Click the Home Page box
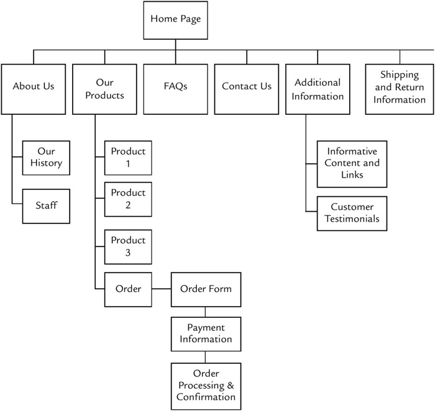(175, 19)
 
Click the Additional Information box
(318, 89)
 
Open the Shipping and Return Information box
(400, 88)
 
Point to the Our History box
(46, 158)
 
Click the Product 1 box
(128, 157)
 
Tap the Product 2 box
(128, 199)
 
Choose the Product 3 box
(128, 246)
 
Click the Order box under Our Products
(128, 289)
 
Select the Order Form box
(206, 289)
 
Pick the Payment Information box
(206, 333)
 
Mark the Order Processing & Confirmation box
(206, 385)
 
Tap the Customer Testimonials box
(353, 212)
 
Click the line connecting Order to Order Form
(162, 289)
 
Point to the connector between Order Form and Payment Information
(206, 312)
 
